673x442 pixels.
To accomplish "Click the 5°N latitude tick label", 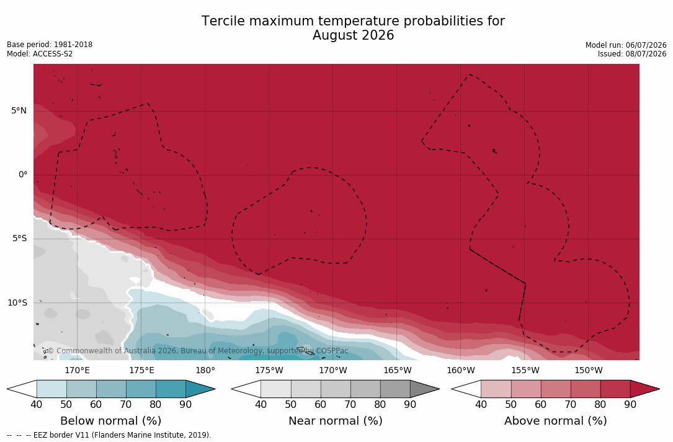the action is pyautogui.click(x=19, y=111).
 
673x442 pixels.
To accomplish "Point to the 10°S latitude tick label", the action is pyautogui.click(x=17, y=303).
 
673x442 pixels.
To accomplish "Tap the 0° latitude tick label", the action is pyautogui.click(x=23, y=175).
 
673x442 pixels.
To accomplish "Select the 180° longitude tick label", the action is pyautogui.click(x=205, y=370).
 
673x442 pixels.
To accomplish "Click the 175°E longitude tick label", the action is pyautogui.click(x=141, y=370).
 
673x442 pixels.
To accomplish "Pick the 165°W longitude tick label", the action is pyautogui.click(x=398, y=370).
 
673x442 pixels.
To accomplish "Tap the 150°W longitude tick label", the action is pyautogui.click(x=589, y=370).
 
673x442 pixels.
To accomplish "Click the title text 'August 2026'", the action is pyautogui.click(x=353, y=35).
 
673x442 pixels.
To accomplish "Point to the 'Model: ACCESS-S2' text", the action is pyautogui.click(x=40, y=54).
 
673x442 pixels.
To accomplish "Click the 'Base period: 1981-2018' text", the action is pyautogui.click(x=50, y=45).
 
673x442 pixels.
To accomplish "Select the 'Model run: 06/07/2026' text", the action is pyautogui.click(x=626, y=45).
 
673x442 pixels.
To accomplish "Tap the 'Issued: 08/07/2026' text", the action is pyautogui.click(x=632, y=54).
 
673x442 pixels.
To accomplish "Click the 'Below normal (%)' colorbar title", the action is pyautogui.click(x=111, y=420).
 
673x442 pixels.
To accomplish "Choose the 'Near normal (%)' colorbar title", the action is pyautogui.click(x=335, y=420).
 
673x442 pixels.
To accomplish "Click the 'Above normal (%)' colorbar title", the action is pyautogui.click(x=555, y=420).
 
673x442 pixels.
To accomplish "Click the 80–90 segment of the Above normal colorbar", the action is pyautogui.click(x=615, y=389).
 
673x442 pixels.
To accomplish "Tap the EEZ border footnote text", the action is pyautogui.click(x=109, y=435).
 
